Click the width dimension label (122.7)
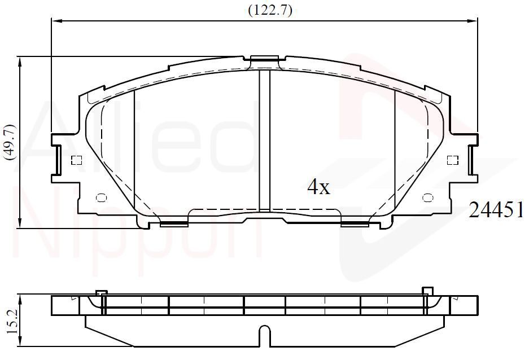coord(270,11)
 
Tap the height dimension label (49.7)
coord(10,142)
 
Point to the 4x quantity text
coord(318,187)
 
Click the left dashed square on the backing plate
coord(77,160)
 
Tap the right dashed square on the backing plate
coord(452,160)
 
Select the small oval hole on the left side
coord(101,197)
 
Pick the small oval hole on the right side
coord(428,197)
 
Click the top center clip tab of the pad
coord(265,60)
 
